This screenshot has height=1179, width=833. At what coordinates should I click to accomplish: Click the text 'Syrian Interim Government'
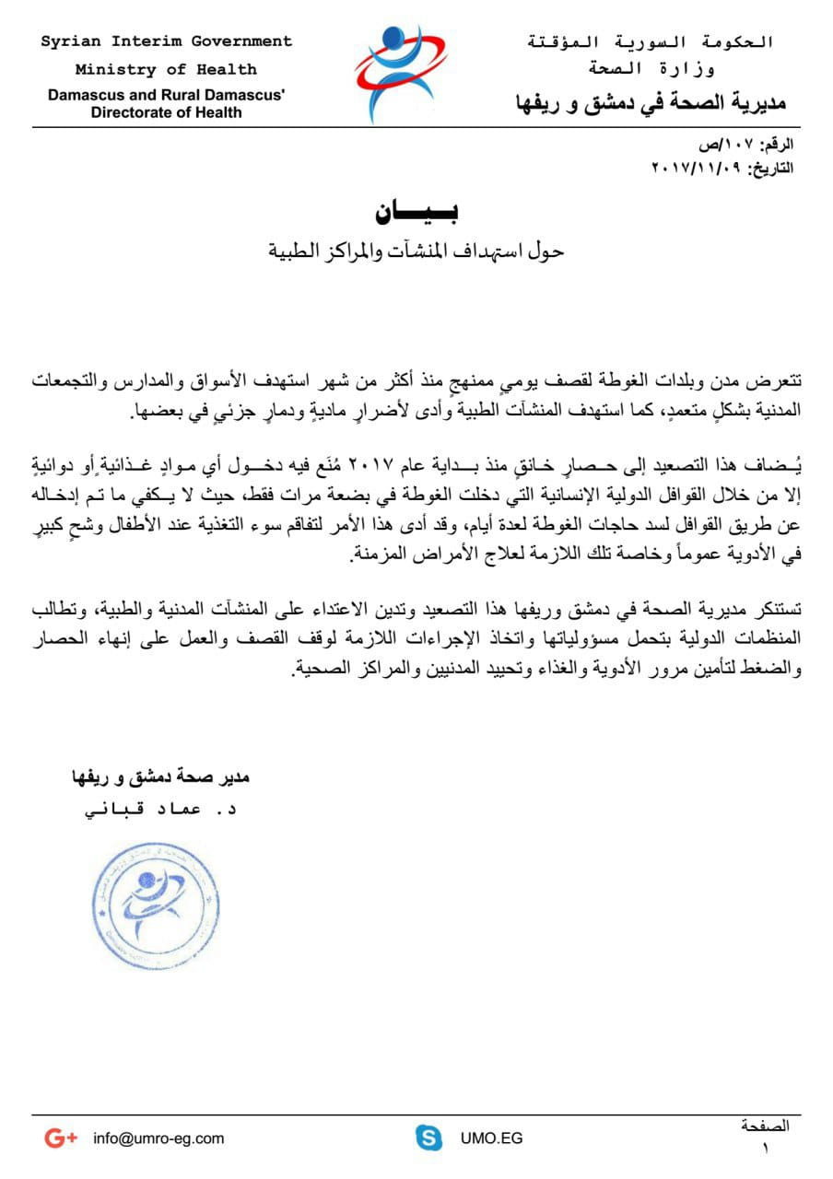pos(167,41)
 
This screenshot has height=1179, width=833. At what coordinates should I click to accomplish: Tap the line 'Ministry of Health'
pos(167,69)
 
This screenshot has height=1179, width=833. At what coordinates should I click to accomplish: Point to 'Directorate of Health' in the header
pos(167,112)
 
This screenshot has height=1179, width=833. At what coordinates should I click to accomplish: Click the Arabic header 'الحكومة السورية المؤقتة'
pos(650,42)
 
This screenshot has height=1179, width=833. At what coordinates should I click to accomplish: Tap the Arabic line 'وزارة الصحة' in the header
pos(651,69)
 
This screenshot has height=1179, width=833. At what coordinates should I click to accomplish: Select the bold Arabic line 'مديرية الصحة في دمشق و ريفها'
pos(651,102)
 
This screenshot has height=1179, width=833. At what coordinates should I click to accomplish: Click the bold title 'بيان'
pos(416,211)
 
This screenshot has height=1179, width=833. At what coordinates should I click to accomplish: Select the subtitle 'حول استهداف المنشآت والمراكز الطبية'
pos(416,251)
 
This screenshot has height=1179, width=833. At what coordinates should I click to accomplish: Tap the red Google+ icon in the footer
pos(61,1138)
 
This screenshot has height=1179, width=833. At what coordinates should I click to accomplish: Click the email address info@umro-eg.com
pos(158,1138)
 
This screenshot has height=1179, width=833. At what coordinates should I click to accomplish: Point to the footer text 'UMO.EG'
pos(492,1138)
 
